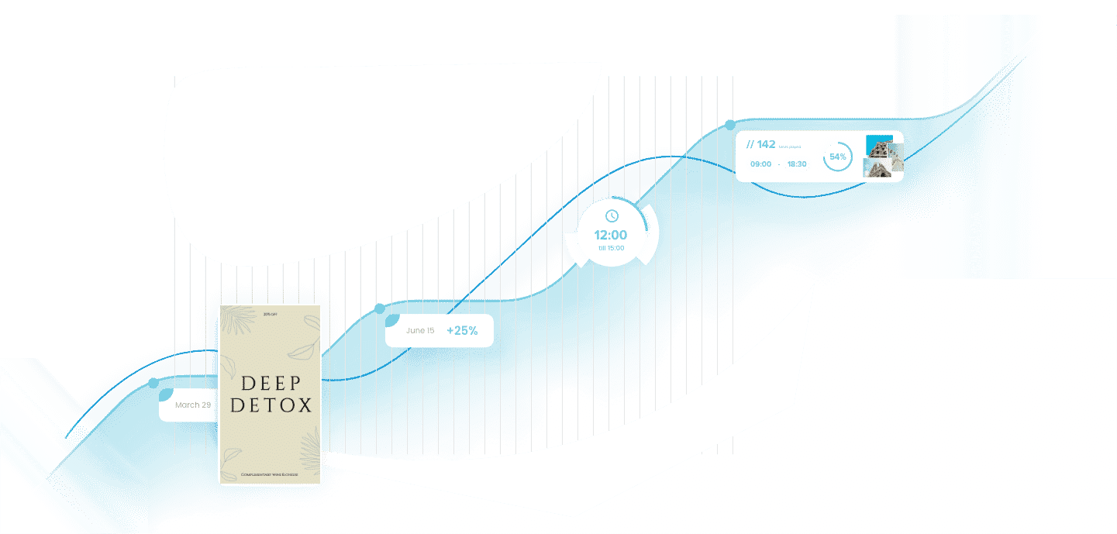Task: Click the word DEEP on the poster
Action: [270, 383]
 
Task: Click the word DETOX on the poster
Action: [270, 405]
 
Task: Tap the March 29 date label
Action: [193, 405]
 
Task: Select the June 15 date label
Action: [420, 331]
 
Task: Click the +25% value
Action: [462, 331]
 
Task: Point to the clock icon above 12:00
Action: [612, 215]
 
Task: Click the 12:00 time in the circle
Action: [611, 236]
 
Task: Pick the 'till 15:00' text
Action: [611, 248]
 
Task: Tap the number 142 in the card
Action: [766, 145]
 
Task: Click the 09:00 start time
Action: [760, 164]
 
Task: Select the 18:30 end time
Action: [796, 164]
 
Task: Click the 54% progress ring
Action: [838, 157]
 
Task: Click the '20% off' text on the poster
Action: [270, 314]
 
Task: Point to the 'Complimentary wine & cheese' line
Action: [270, 474]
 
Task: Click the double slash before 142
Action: [750, 145]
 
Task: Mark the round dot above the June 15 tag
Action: [379, 308]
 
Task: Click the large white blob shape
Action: [372, 155]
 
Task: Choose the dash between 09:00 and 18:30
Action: [779, 164]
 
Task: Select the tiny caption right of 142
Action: [790, 146]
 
